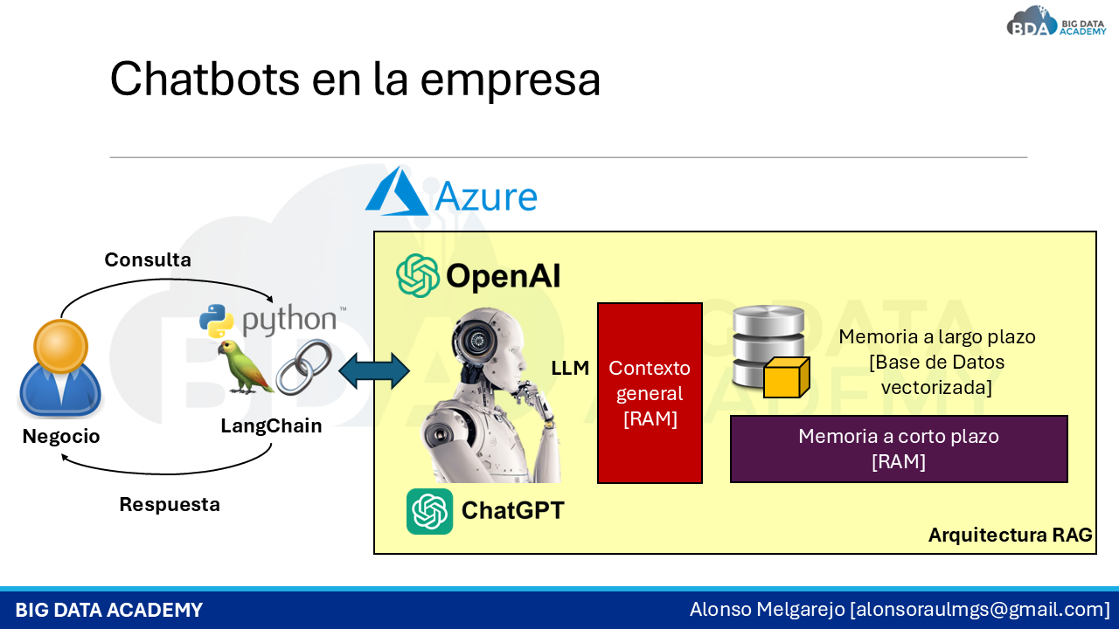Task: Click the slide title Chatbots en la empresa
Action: [355, 79]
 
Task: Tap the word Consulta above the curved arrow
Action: [148, 259]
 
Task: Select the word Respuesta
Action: [170, 504]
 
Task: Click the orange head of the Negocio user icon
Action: [61, 345]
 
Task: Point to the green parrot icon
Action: [243, 368]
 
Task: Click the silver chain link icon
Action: [304, 367]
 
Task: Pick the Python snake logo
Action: [216, 321]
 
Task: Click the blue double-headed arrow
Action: [374, 371]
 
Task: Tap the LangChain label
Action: [271, 425]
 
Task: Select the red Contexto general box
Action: [650, 393]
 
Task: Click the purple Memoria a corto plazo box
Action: [899, 449]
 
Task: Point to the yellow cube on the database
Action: [786, 377]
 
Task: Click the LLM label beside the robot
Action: [570, 369]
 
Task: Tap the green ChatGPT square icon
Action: [429, 511]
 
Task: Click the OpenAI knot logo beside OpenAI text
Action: [418, 275]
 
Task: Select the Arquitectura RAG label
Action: [1010, 535]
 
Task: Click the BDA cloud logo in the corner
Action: [1032, 21]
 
